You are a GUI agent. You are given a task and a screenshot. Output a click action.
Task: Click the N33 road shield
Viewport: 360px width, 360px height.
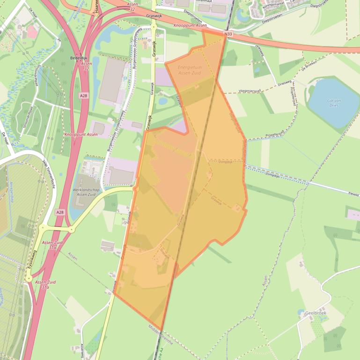click(228, 34)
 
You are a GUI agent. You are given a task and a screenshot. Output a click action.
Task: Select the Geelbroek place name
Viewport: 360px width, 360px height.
click(316, 313)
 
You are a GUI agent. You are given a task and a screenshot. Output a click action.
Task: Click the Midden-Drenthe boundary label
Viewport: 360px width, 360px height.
click(160, 335)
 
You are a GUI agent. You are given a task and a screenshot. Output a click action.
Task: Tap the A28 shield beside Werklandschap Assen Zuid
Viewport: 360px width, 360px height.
click(59, 212)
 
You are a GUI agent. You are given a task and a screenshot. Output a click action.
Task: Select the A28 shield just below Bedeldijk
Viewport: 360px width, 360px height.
click(83, 95)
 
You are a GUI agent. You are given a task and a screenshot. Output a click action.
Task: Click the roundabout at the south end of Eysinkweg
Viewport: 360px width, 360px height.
click(29, 278)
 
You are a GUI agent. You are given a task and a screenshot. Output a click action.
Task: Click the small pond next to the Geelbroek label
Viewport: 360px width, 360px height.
click(300, 311)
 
